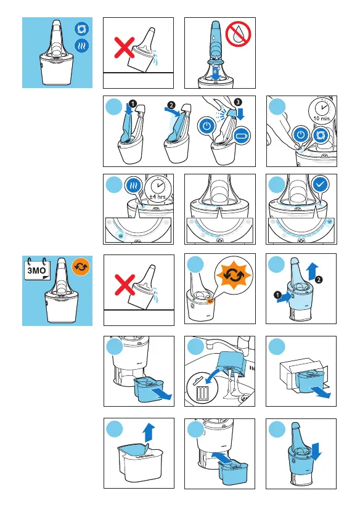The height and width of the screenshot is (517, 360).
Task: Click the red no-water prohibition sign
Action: coord(238,35)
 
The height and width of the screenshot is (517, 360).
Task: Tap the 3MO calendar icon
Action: coord(37,269)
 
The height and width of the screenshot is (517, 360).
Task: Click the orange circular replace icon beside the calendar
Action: coord(81,267)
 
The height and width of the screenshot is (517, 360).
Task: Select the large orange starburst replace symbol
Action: coord(233,274)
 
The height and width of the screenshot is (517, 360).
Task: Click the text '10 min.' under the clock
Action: coord(321,118)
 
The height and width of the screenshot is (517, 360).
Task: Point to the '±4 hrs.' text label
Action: coord(158,197)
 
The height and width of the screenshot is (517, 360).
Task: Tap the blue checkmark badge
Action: coord(321,185)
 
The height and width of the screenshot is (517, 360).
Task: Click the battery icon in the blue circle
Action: coord(242,135)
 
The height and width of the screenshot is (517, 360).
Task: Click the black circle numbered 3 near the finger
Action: coord(238,102)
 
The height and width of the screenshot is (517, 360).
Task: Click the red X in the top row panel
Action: coord(125,47)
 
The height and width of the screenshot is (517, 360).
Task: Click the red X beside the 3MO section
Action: coord(125,284)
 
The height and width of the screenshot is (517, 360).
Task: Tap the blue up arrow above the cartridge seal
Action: coord(149,433)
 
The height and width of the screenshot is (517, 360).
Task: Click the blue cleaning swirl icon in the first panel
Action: coord(81,28)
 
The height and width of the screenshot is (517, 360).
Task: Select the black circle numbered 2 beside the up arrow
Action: coord(319,280)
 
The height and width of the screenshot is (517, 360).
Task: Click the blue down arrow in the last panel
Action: coord(316,451)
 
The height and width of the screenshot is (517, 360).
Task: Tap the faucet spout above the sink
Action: coord(218,344)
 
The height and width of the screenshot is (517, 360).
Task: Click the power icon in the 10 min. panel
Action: coord(300,135)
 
